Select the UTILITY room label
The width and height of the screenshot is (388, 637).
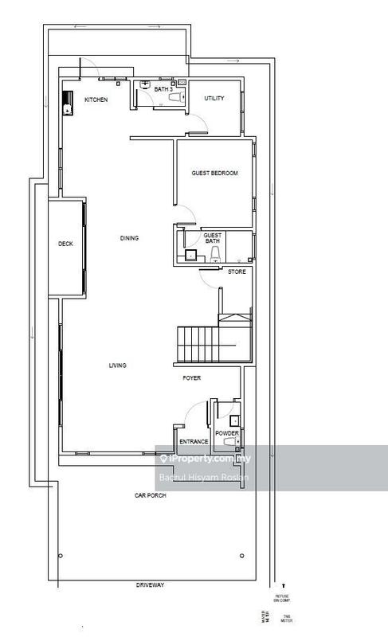pos(214,99)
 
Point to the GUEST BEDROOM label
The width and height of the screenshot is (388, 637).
pos(214,173)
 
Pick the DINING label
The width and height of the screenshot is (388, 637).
pos(129,237)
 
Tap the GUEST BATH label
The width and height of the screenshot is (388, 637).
pos(213,239)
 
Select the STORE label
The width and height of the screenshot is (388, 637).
pos(237,272)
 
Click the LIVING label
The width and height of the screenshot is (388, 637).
pos(118,365)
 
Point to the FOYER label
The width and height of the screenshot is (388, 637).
pos(191,379)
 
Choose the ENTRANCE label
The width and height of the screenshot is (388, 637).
pos(194,441)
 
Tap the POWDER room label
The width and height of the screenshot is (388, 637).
pos(226,432)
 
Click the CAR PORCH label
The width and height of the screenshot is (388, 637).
pos(149,495)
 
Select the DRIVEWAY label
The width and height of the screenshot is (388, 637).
pos(151,585)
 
